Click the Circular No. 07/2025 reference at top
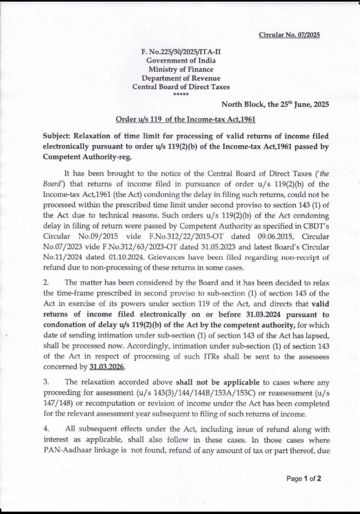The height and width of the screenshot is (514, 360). pyautogui.click(x=289, y=35)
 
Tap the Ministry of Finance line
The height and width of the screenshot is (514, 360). pyautogui.click(x=181, y=69)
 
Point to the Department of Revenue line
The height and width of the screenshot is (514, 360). pyautogui.click(x=181, y=78)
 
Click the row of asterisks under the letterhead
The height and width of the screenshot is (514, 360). pyautogui.click(x=181, y=96)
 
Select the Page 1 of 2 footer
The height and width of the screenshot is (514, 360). pyautogui.click(x=304, y=479)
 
